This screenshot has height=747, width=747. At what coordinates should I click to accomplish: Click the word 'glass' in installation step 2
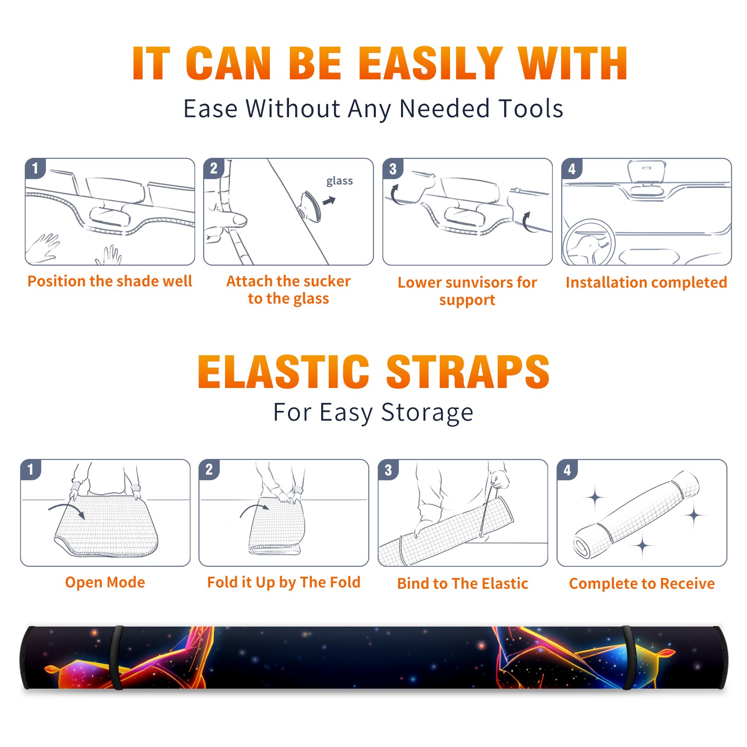[339, 181]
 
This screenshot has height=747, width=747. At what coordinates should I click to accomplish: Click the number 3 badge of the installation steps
[393, 169]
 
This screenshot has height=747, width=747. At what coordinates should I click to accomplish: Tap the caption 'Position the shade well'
[110, 281]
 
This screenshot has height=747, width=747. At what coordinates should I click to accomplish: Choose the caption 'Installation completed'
[646, 282]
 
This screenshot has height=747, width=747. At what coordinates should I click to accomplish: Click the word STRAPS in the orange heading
[468, 372]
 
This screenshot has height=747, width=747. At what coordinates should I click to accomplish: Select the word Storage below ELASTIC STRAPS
[427, 413]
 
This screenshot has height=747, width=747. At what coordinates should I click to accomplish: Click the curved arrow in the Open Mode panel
[67, 510]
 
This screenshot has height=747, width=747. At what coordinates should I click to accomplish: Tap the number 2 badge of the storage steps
[209, 470]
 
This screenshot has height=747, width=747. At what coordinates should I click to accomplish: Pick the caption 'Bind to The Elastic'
[463, 584]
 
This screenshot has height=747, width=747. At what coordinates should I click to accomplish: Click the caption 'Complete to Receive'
[642, 584]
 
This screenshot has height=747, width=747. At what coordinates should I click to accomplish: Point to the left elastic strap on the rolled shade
[117, 657]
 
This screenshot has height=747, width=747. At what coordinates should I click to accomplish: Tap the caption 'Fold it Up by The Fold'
[284, 583]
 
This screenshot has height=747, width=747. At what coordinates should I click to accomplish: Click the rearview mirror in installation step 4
[646, 172]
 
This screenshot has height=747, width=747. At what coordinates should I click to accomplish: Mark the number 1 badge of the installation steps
[35, 168]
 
